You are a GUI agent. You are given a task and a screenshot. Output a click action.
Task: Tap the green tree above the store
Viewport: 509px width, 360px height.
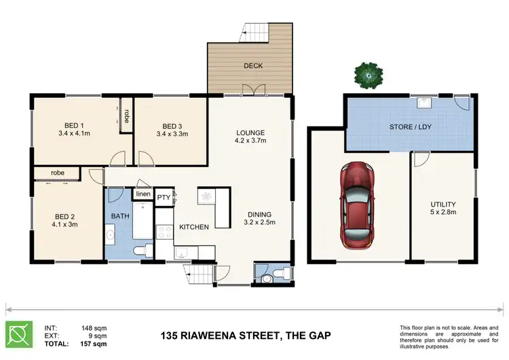coord(369,73)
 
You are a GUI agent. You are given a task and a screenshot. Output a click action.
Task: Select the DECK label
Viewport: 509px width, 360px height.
coord(252,66)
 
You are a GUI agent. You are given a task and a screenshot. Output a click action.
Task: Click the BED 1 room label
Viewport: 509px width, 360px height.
coord(75,126)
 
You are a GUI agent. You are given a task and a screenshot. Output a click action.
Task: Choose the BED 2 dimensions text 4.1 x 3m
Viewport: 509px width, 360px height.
coord(67,226)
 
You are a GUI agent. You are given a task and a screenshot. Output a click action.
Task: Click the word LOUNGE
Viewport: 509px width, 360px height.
coord(250,132)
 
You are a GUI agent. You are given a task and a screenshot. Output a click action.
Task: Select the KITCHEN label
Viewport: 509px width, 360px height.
coord(193,227)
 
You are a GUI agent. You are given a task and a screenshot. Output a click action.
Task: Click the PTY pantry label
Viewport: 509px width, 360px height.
coord(164,198)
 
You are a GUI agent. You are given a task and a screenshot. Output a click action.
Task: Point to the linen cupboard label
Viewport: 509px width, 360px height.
coord(143,194)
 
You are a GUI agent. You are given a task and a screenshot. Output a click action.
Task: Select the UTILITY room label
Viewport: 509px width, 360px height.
coord(442,204)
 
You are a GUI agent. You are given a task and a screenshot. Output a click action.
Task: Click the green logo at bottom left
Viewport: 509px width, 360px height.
coord(19,334)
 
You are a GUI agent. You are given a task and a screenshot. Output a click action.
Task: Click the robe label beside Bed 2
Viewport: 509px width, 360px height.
coord(57,173)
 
